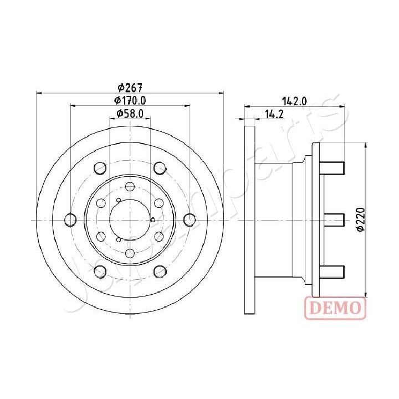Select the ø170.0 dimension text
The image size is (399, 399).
[x=130, y=100]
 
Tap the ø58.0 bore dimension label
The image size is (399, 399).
[x=130, y=114]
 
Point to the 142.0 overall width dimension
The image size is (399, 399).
[x=294, y=100]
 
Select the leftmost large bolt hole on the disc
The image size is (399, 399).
[x=70, y=220]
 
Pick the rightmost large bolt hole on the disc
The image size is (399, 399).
[x=190, y=220]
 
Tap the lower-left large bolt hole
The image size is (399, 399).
[x=100, y=272]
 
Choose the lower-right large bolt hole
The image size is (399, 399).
[x=160, y=272]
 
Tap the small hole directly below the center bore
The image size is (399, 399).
[x=130, y=253]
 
